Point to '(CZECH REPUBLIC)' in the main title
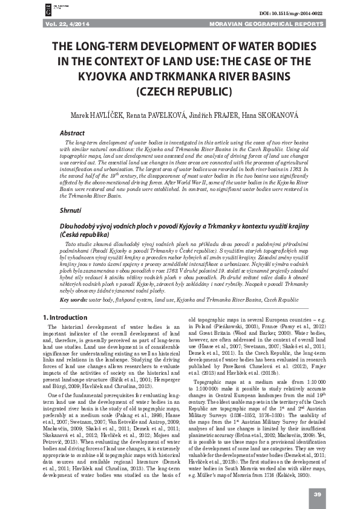point(180,92)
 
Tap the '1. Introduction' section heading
point(66,317)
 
